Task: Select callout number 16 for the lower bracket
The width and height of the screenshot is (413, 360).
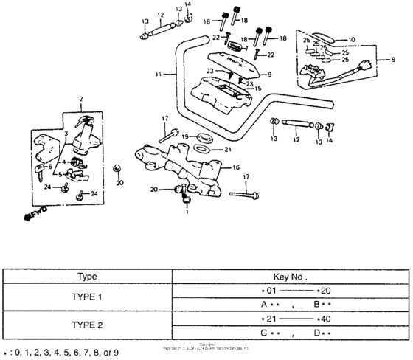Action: [236, 167]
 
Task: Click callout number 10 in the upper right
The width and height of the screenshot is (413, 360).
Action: [351, 38]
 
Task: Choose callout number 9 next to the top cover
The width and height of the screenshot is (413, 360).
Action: [270, 75]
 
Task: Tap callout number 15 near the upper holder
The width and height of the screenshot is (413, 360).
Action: [259, 89]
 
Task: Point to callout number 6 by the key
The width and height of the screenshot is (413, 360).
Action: [50, 167]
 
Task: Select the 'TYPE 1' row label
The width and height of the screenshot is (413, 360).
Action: [88, 298]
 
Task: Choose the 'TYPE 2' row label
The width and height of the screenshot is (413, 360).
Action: [88, 325]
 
